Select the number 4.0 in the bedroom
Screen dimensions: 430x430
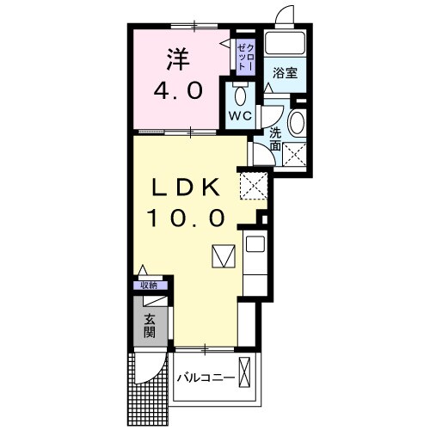[179, 89]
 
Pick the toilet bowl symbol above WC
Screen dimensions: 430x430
[240, 93]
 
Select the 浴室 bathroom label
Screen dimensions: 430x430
[286, 74]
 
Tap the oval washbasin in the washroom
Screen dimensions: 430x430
[297, 123]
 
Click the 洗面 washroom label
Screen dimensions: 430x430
[275, 140]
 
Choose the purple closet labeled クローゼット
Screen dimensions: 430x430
[245, 54]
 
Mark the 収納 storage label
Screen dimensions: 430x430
[150, 286]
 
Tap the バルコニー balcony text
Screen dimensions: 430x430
[206, 378]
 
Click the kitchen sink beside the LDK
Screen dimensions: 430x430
[255, 244]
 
